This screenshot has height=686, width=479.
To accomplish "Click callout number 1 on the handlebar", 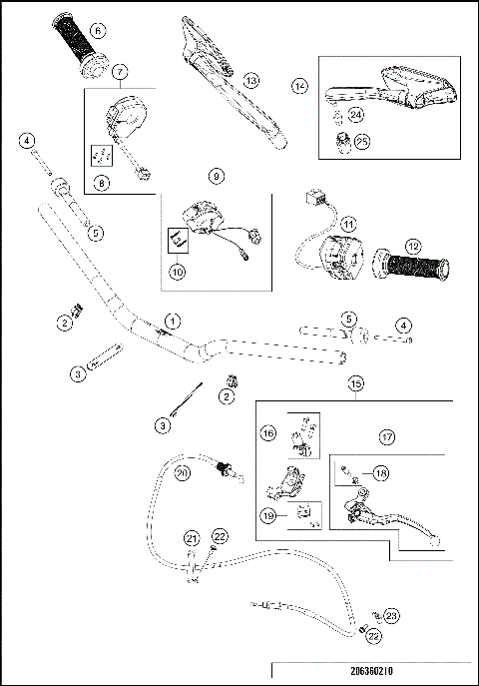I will [x=173, y=321].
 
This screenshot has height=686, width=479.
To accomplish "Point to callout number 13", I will [x=251, y=79].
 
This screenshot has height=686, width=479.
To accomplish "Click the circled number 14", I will [x=298, y=87].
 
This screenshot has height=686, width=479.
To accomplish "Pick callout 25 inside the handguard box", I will [x=361, y=142].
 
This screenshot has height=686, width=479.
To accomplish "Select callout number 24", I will [x=356, y=116].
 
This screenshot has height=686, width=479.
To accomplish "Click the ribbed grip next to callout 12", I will [x=409, y=268].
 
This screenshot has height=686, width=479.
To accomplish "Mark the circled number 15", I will [x=355, y=382].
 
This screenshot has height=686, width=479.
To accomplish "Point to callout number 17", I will [x=388, y=435].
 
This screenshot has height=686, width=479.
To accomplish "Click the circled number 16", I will [x=268, y=434].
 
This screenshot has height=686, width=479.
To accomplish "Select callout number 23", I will [x=391, y=617].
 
